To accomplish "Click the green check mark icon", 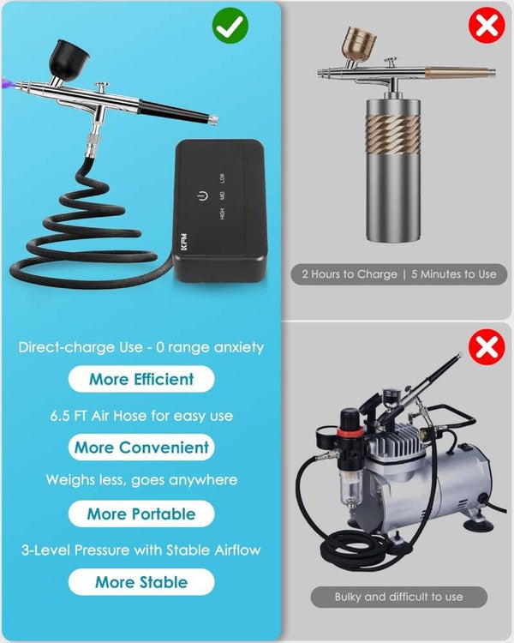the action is tap(230, 26).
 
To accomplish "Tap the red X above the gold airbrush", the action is tap(487, 26).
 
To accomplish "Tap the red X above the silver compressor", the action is tap(487, 347).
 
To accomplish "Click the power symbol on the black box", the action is tap(202, 196).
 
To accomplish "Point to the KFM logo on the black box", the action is tap(183, 243).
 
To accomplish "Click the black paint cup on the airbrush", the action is tap(69, 59).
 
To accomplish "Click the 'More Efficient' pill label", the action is tap(141, 379).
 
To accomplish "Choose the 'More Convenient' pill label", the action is tap(141, 447).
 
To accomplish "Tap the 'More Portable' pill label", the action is tap(141, 514).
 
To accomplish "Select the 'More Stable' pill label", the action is tap(141, 582).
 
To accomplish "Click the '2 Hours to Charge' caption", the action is tap(350, 274).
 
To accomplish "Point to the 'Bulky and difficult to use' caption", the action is tap(399, 597).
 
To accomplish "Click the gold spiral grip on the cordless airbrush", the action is tap(392, 134).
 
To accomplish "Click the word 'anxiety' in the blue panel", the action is tap(239, 348).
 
